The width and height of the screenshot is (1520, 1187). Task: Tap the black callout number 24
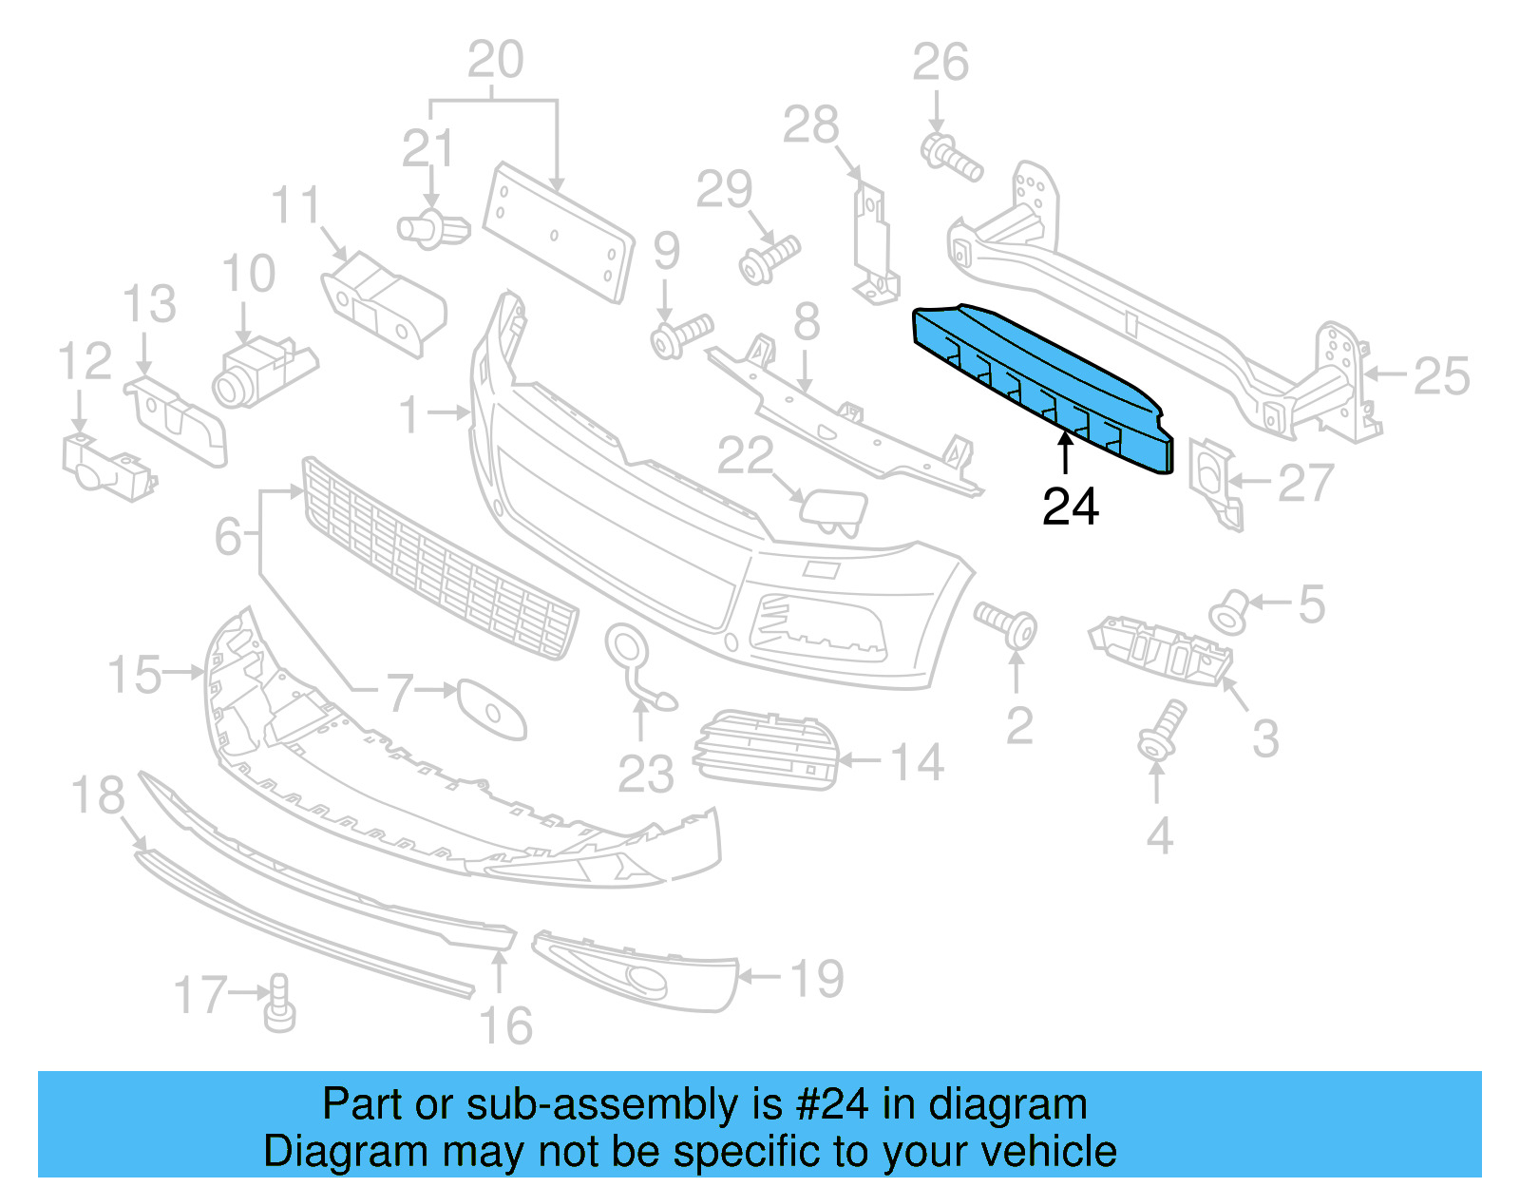(x=1070, y=507)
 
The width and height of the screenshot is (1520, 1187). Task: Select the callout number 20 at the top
(x=495, y=61)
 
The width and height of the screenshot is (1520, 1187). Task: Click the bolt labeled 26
(x=950, y=158)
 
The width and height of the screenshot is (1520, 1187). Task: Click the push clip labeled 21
(x=433, y=229)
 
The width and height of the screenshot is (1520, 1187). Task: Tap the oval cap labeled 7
(x=491, y=708)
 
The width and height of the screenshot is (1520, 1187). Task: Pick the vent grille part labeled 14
(x=768, y=750)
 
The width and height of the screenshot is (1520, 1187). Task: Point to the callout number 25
(x=1440, y=377)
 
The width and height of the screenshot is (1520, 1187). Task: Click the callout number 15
(x=134, y=675)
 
